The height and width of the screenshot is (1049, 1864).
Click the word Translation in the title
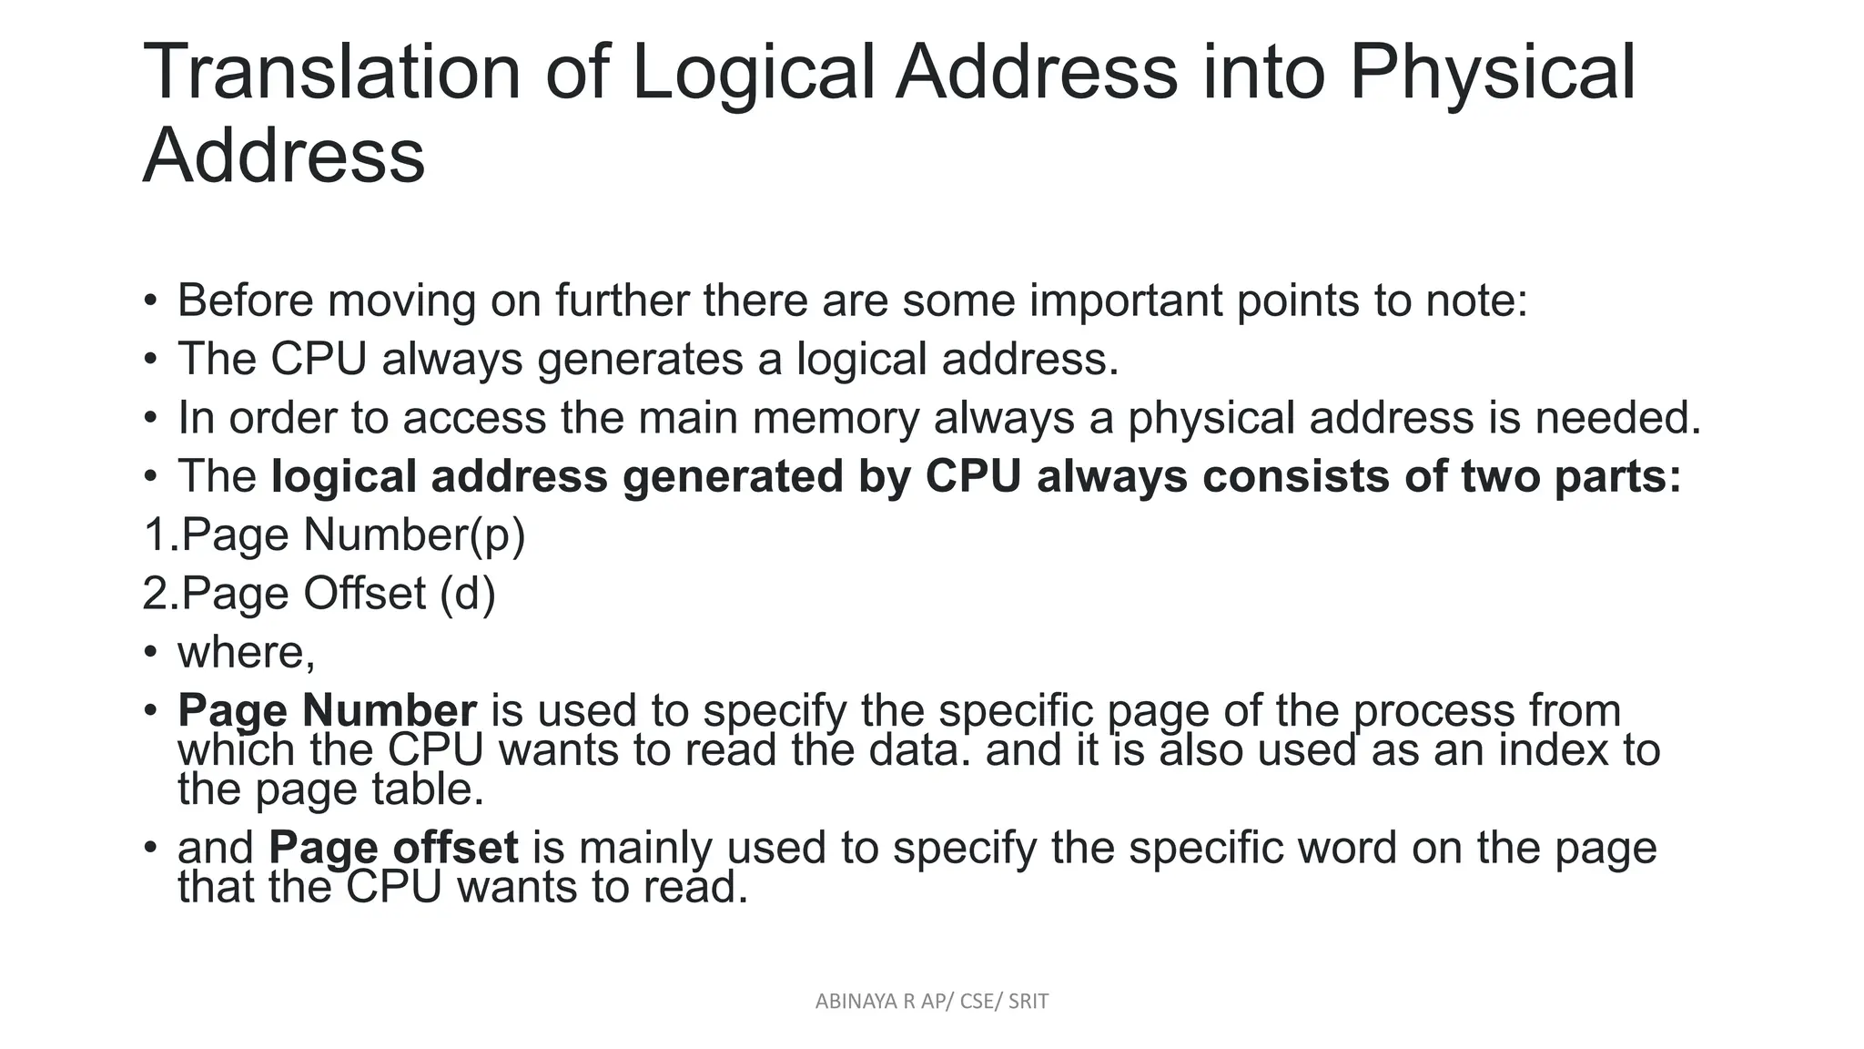point(332,73)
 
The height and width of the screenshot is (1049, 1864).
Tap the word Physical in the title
point(1493,73)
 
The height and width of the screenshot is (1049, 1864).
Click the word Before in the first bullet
point(245,300)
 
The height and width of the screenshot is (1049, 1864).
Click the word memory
point(836,419)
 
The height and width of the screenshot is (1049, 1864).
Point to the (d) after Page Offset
point(468,594)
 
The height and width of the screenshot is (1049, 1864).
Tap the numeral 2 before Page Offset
point(155,594)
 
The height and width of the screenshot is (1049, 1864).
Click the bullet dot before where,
point(151,652)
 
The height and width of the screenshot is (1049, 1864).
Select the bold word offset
point(455,848)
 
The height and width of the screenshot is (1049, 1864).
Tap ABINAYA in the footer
point(852,1002)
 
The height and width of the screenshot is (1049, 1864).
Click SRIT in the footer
point(1028,1002)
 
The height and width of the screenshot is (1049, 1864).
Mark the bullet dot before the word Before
point(151,300)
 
